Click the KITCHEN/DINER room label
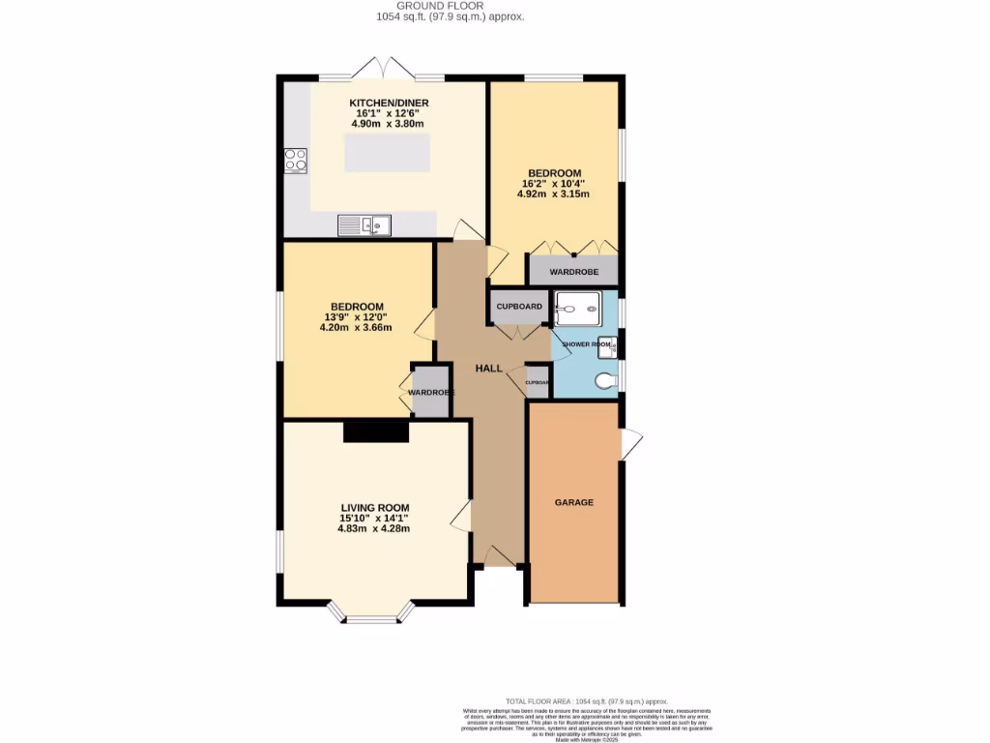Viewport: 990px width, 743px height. [x=389, y=104]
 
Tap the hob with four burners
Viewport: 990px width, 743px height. [x=295, y=159]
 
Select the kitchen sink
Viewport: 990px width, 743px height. [x=364, y=225]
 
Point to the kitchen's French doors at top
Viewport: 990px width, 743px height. [x=383, y=70]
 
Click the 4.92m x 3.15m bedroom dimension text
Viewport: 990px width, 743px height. [x=554, y=194]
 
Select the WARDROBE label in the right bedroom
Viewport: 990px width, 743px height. [x=573, y=272]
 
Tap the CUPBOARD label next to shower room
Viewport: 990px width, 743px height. [x=519, y=307]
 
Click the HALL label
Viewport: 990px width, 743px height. [x=488, y=368]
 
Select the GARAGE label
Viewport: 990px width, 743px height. [x=573, y=502]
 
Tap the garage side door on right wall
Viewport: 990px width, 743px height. [x=630, y=444]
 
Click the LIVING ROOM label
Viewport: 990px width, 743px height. [x=374, y=508]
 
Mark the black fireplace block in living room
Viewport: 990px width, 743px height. [x=376, y=431]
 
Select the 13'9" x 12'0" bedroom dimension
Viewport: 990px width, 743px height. [x=355, y=317]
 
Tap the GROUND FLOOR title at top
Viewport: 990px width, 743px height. [x=450, y=6]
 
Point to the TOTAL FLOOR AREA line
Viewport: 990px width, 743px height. [x=588, y=701]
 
